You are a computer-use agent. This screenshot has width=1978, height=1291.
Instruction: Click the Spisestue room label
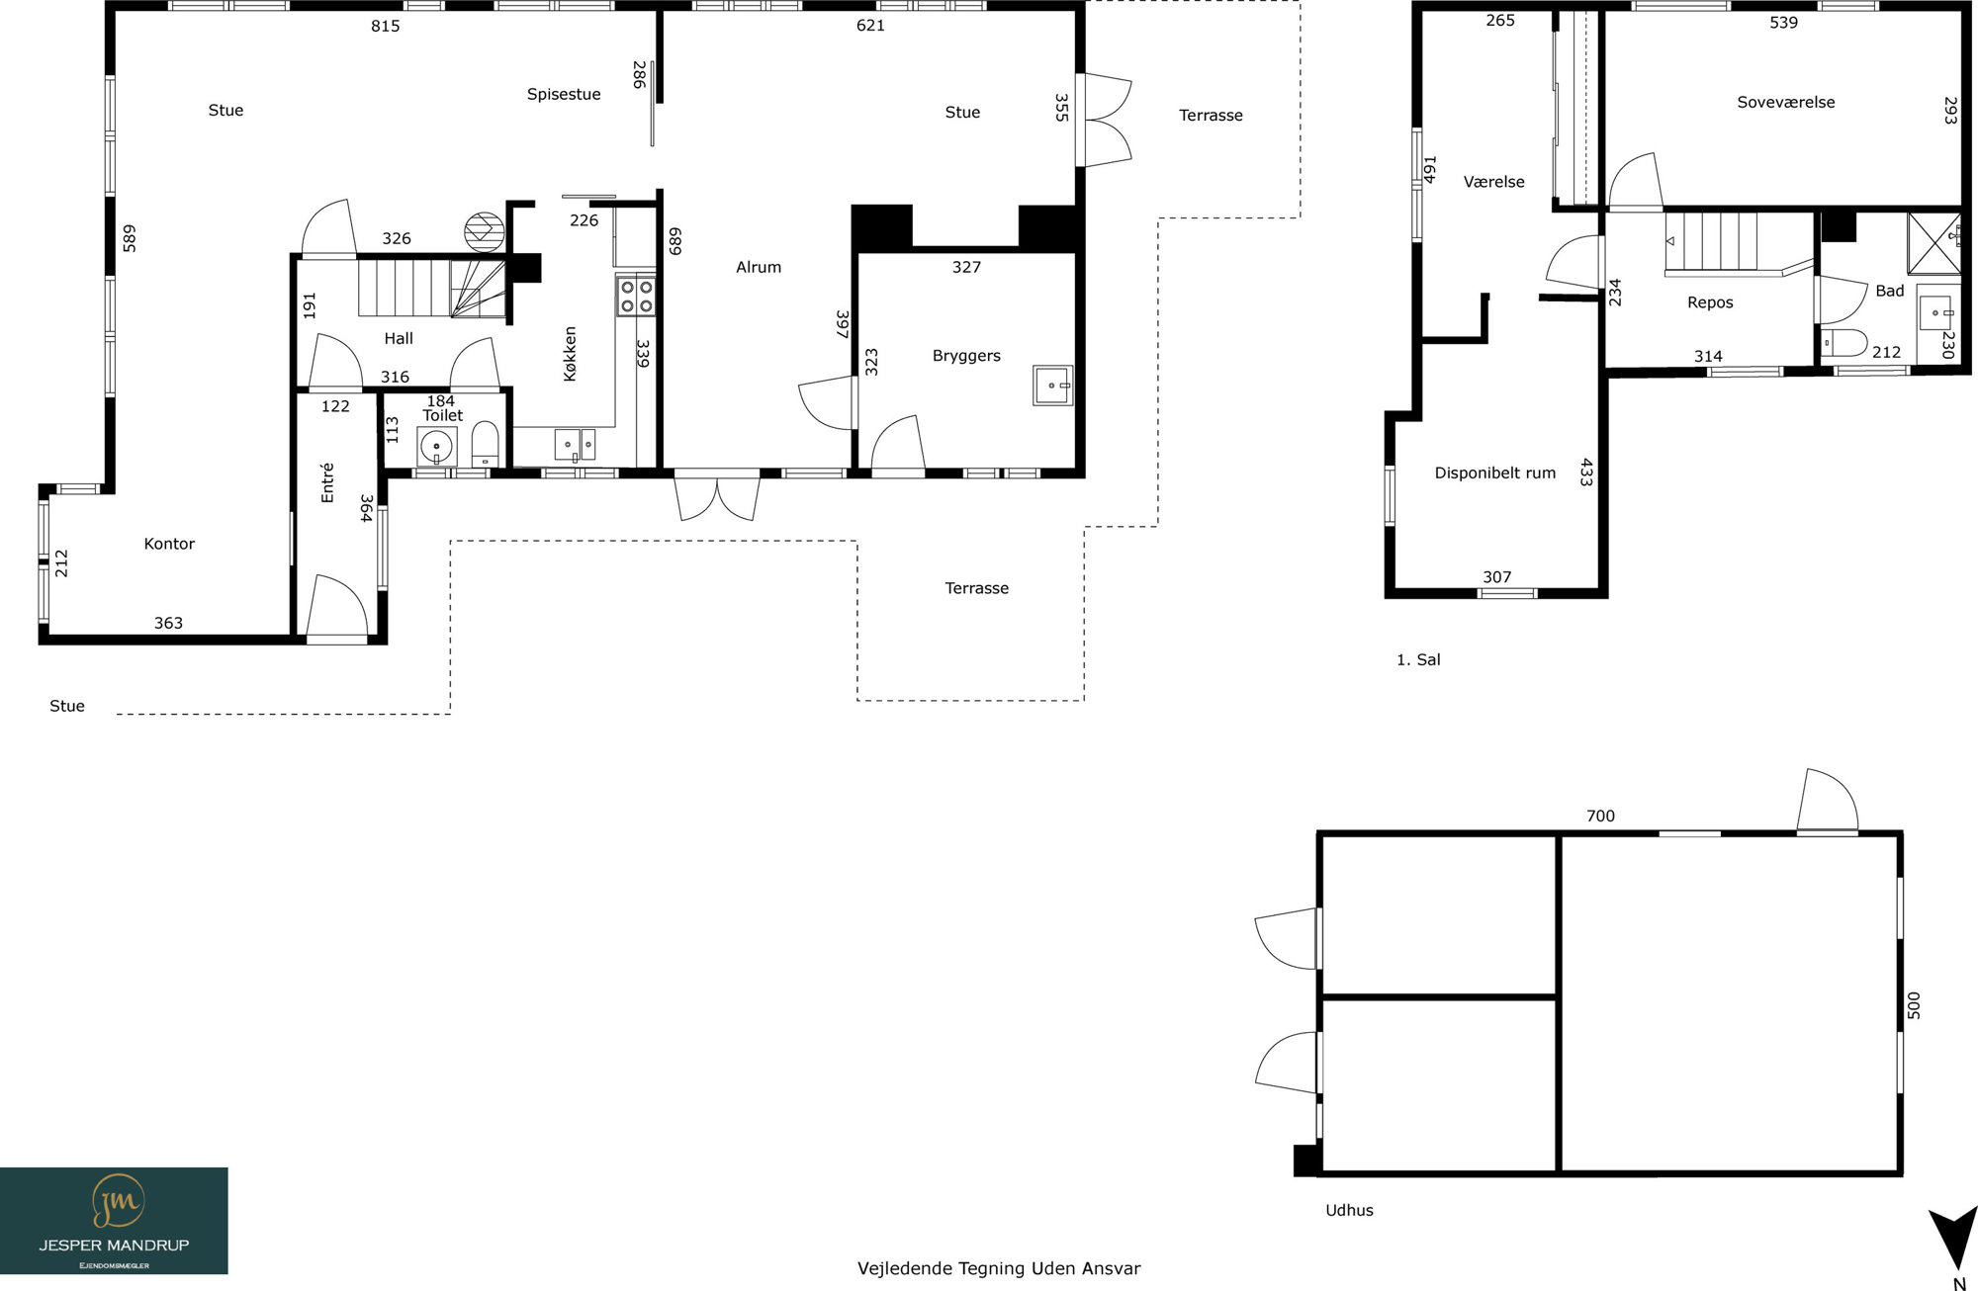[x=564, y=95]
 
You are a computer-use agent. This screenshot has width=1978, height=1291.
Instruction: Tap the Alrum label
[x=759, y=267]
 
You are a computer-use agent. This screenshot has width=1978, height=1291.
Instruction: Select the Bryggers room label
[x=966, y=356]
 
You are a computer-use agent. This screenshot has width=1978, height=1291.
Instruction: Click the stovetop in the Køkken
[x=636, y=296]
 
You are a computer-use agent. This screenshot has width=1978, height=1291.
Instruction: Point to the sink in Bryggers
[x=1052, y=385]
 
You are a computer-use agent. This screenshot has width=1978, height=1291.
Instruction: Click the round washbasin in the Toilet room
[x=436, y=448]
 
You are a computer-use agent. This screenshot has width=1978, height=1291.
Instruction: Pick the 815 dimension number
[x=386, y=26]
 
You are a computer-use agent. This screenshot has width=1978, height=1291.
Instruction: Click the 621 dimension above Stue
[x=870, y=26]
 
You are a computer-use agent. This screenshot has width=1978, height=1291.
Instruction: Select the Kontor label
[x=169, y=544]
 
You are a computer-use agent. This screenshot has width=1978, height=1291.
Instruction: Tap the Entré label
[x=327, y=482]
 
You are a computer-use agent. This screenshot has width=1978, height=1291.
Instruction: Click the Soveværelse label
[x=1786, y=102]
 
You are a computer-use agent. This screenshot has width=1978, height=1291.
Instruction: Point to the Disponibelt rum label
[x=1495, y=473]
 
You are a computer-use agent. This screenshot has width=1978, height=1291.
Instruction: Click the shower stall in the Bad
[x=1934, y=242]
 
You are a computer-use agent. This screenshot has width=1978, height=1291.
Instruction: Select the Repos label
[x=1710, y=302]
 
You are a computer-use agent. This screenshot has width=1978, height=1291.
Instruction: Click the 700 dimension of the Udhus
[x=1600, y=816]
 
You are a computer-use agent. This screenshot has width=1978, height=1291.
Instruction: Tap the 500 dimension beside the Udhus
[x=1914, y=1005]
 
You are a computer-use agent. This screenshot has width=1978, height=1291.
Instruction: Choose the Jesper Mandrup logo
[x=114, y=1221]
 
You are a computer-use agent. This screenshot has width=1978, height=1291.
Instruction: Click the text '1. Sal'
[x=1418, y=659]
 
